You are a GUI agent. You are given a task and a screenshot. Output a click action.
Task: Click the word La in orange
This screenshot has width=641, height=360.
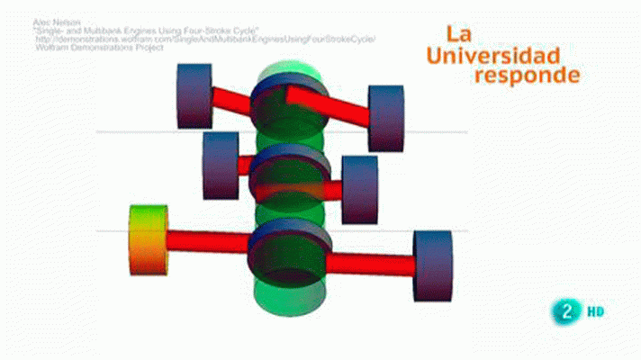click(458, 35)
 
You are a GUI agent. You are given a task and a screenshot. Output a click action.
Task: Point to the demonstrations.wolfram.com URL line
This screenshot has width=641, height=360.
click(204, 40)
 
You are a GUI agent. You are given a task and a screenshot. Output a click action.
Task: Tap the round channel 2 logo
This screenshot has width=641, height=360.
click(565, 311)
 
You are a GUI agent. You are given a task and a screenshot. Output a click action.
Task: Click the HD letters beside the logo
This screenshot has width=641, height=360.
click(595, 312)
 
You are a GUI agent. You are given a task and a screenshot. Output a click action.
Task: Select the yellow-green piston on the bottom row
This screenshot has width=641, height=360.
click(149, 238)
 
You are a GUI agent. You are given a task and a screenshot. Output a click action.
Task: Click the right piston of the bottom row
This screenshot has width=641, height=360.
click(432, 265)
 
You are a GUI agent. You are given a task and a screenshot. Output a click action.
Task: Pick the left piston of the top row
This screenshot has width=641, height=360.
click(194, 95)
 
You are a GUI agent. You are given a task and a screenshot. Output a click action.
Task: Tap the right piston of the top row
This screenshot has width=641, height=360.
click(386, 118)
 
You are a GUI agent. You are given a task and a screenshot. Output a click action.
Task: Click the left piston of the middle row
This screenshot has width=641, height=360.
click(221, 165)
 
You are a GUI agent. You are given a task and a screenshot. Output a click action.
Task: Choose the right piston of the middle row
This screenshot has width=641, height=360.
click(360, 188)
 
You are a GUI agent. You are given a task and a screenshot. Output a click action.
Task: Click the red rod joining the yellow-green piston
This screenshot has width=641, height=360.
click(207, 241)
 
